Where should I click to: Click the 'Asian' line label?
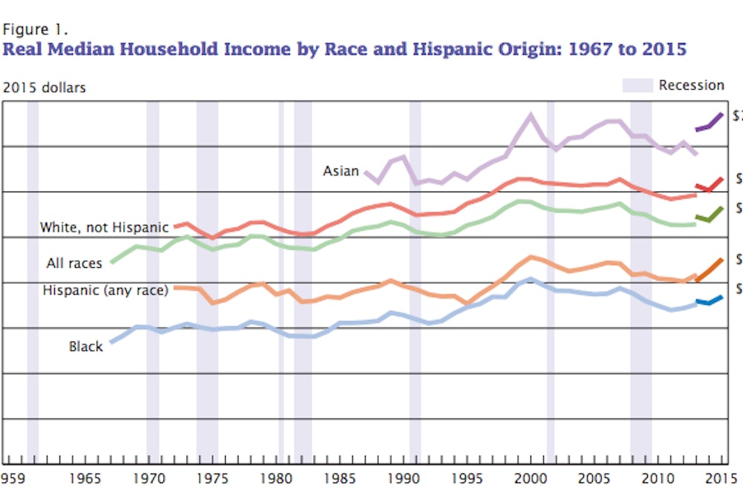pyautogui.click(x=340, y=171)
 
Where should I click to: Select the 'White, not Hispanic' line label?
pyautogui.click(x=105, y=227)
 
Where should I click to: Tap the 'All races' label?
pyautogui.click(x=74, y=263)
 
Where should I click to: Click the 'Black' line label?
pyautogui.click(x=86, y=346)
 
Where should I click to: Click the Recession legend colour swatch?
pyautogui.click(x=637, y=85)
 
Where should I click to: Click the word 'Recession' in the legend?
pyautogui.click(x=691, y=85)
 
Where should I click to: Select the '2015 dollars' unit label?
pyautogui.click(x=45, y=88)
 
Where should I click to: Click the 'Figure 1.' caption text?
pyautogui.click(x=36, y=30)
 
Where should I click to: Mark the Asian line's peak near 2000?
pyautogui.click(x=531, y=115)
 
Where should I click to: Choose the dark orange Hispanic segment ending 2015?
pyautogui.click(x=710, y=269)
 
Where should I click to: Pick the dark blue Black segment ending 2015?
pyautogui.click(x=710, y=301)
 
